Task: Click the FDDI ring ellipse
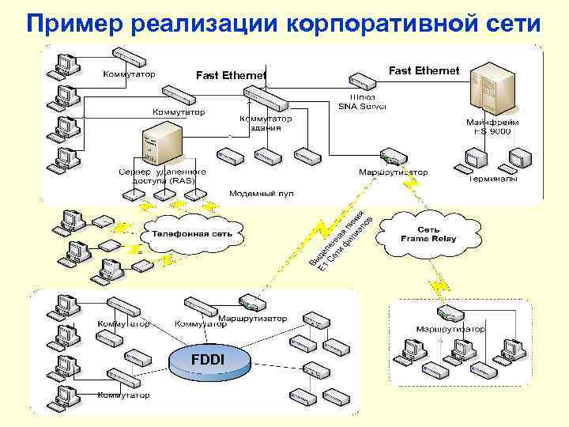(x=209, y=362)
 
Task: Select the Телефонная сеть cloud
(x=192, y=235)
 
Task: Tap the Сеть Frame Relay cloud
(x=428, y=233)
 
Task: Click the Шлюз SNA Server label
(x=362, y=100)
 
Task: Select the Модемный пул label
(x=262, y=193)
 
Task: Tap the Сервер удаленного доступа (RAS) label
(x=163, y=176)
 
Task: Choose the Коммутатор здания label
(x=266, y=123)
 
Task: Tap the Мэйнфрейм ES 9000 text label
(x=492, y=127)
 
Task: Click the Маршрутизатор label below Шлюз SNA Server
(x=393, y=172)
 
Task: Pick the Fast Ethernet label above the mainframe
(x=424, y=71)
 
